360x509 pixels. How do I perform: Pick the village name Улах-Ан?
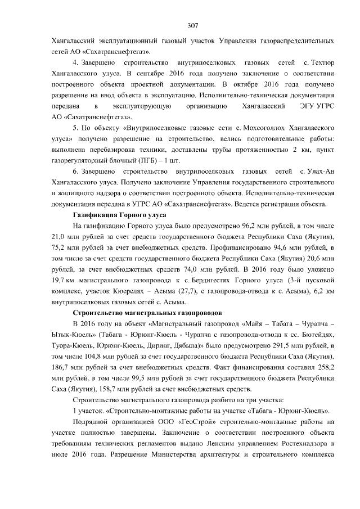point(323,172)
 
